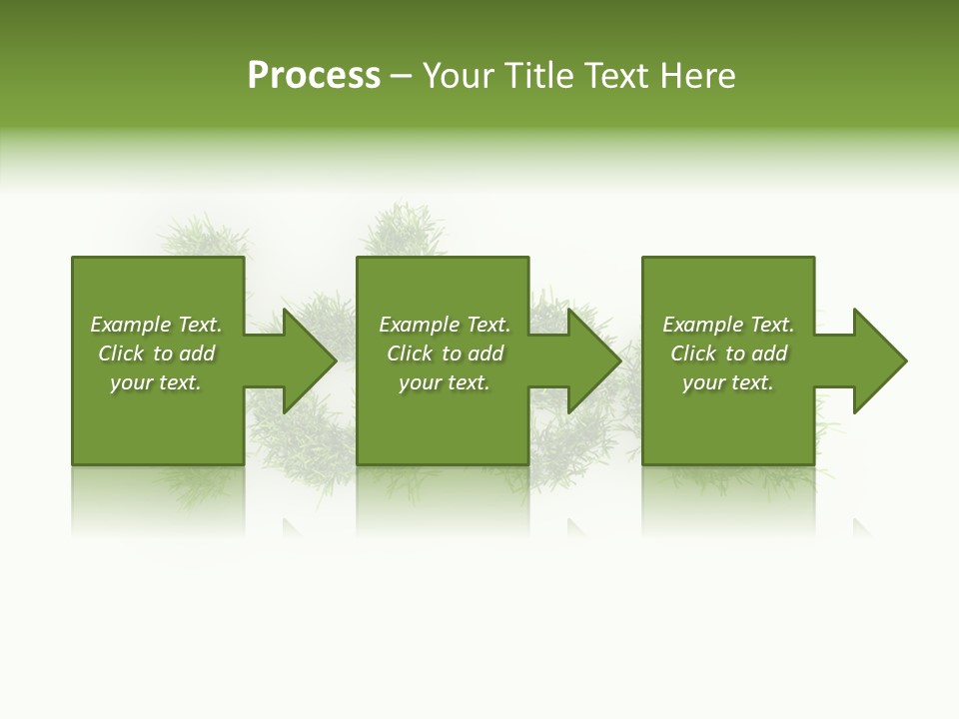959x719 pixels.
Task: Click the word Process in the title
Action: (x=314, y=76)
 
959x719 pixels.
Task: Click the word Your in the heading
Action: (x=459, y=76)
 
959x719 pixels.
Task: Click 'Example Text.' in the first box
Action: (x=156, y=325)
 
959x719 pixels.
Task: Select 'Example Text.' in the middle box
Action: (x=445, y=325)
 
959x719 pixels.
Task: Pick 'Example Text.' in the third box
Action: (x=728, y=325)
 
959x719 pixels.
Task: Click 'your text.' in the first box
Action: (x=156, y=382)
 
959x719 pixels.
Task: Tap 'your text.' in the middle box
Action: (x=445, y=382)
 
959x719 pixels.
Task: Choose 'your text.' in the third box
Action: (x=728, y=382)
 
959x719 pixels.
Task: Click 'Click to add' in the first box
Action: (x=156, y=354)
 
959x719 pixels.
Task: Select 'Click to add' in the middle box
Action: (x=445, y=354)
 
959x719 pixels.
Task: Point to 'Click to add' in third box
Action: (x=728, y=354)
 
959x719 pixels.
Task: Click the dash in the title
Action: (x=402, y=77)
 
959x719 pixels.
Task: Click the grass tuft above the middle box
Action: (x=405, y=230)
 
